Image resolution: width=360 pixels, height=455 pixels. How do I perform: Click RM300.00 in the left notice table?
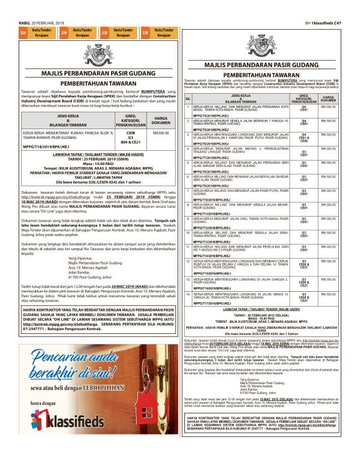tap(161, 133)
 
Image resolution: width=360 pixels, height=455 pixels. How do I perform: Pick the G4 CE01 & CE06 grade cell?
tap(304, 138)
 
